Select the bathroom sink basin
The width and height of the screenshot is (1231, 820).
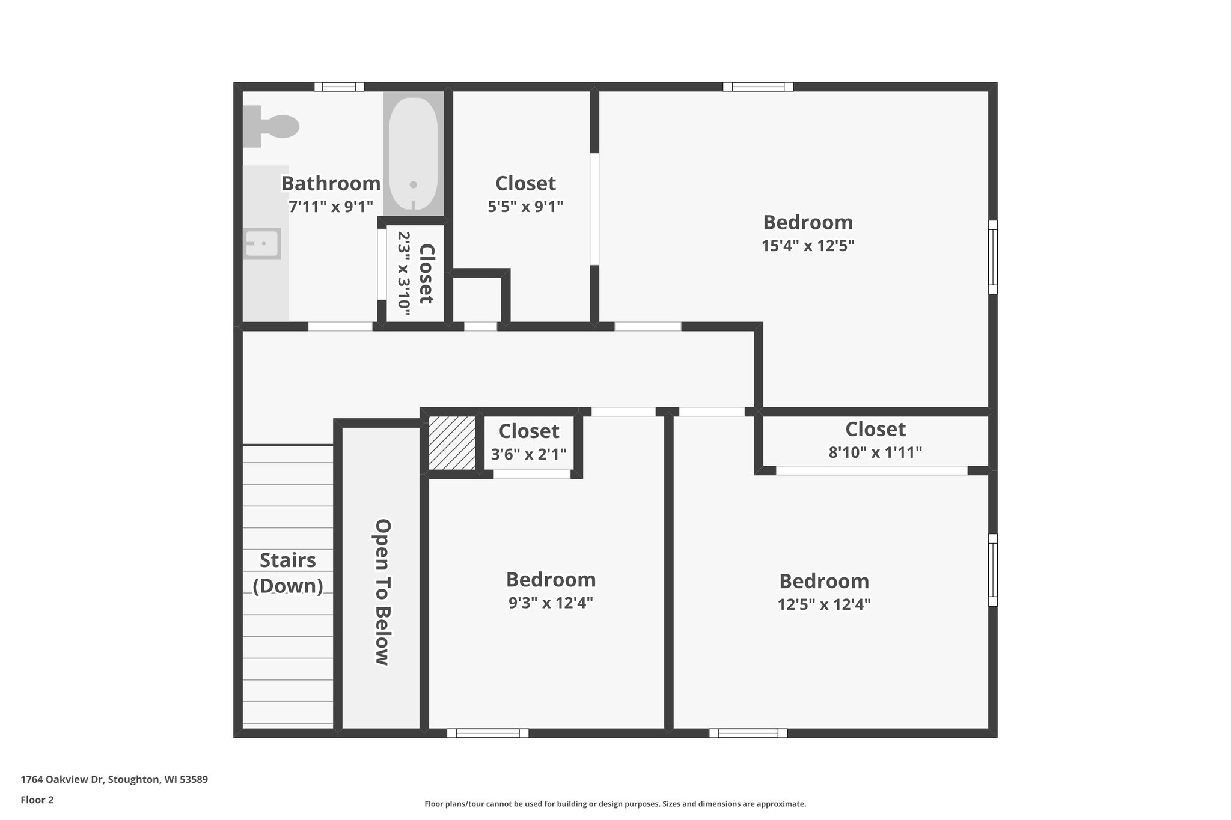(263, 243)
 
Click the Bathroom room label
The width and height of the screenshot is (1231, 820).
(331, 183)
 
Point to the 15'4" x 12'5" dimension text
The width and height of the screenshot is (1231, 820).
(808, 246)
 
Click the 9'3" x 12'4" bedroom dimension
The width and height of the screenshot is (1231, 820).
(551, 603)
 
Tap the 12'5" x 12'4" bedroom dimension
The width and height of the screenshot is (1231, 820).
(824, 604)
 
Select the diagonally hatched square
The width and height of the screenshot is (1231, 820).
(451, 443)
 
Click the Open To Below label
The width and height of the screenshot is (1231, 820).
(383, 592)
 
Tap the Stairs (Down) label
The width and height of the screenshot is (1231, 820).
(288, 573)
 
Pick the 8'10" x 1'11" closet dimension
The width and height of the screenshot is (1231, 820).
(875, 452)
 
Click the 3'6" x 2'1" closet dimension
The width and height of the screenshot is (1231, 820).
(529, 454)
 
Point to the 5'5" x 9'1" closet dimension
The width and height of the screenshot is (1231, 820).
(525, 207)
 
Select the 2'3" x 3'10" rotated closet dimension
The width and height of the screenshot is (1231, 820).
(403, 273)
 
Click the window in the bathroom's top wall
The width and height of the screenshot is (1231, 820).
(339, 87)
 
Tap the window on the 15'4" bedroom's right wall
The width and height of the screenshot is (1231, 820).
(993, 257)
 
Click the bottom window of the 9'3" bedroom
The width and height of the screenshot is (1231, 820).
(487, 733)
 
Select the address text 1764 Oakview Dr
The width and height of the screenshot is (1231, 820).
(114, 780)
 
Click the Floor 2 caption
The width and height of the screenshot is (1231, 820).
(37, 800)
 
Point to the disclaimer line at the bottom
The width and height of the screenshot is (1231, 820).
(615, 804)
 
